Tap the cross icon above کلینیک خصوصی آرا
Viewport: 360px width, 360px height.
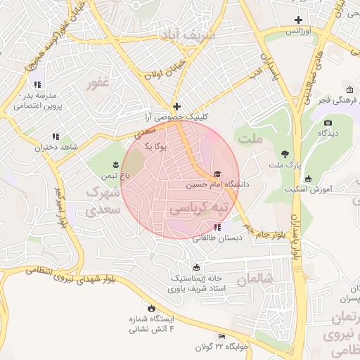176,105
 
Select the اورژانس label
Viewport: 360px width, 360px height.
298,32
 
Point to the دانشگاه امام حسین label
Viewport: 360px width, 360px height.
217,185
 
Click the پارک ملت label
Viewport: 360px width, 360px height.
285,165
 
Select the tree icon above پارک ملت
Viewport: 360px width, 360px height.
285,153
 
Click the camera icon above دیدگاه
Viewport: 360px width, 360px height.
328,122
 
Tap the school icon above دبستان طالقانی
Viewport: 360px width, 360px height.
217,227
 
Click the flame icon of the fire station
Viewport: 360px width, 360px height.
150,307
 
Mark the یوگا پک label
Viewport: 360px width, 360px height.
155,146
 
